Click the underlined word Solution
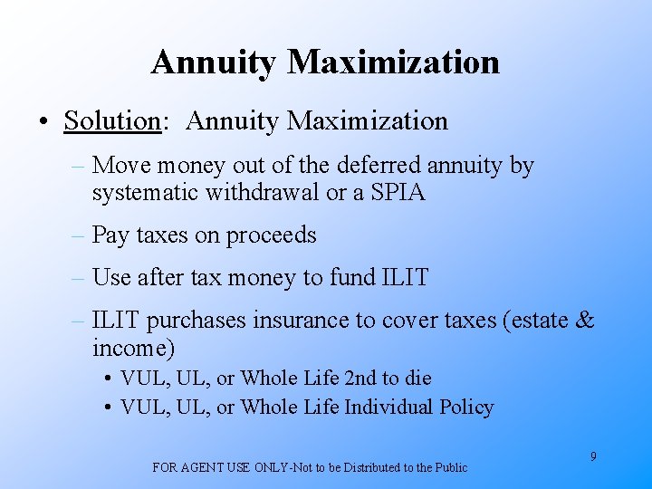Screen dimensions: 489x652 click(111, 120)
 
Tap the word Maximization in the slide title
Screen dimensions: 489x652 click(393, 62)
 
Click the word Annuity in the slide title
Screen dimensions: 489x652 click(215, 62)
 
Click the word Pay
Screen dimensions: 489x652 click(111, 235)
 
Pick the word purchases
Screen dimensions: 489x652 click(201, 320)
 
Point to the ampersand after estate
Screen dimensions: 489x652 click(585, 320)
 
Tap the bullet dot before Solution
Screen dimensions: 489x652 click(43, 121)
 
